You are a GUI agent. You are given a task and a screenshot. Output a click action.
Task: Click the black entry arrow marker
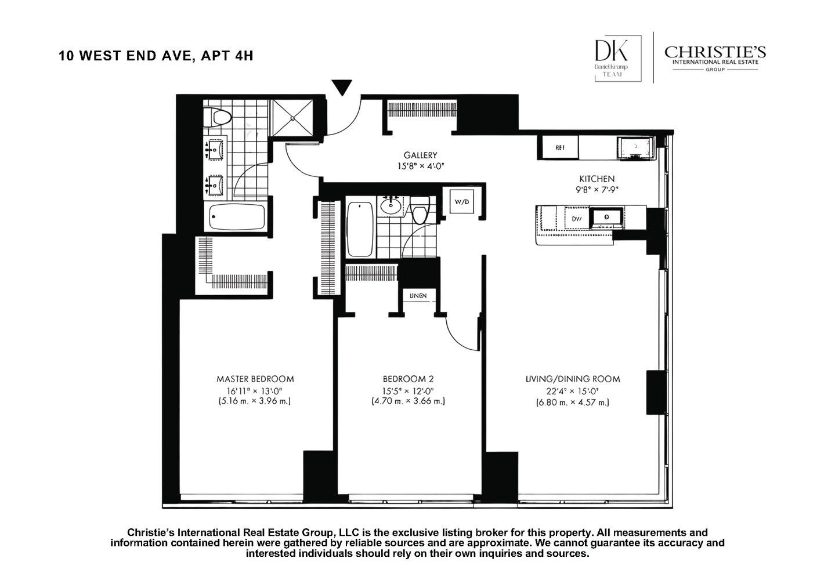tap(342, 88)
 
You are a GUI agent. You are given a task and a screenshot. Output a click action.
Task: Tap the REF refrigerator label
tap(559, 148)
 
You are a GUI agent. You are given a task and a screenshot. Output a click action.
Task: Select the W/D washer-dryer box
tap(461, 202)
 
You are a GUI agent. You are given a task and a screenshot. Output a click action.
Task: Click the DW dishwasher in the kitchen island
tap(577, 219)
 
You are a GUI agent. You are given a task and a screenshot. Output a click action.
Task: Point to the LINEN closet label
tap(418, 296)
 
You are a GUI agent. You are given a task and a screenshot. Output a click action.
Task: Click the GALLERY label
tap(420, 155)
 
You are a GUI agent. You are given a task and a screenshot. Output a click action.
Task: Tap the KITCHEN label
tap(597, 179)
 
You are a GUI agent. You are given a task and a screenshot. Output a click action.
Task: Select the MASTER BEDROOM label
tap(255, 379)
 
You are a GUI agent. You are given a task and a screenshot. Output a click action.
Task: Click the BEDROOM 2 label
tap(407, 379)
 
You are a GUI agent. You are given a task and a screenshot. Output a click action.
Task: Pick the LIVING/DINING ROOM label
tap(572, 379)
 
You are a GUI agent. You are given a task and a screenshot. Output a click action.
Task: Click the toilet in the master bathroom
tap(221, 118)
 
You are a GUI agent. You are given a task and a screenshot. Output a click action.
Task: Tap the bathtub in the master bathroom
tap(237, 217)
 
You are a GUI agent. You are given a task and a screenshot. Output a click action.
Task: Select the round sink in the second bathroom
tap(390, 206)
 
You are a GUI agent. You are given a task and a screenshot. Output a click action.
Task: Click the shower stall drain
tap(293, 119)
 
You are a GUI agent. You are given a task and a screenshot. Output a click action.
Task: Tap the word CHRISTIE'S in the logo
tap(715, 52)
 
